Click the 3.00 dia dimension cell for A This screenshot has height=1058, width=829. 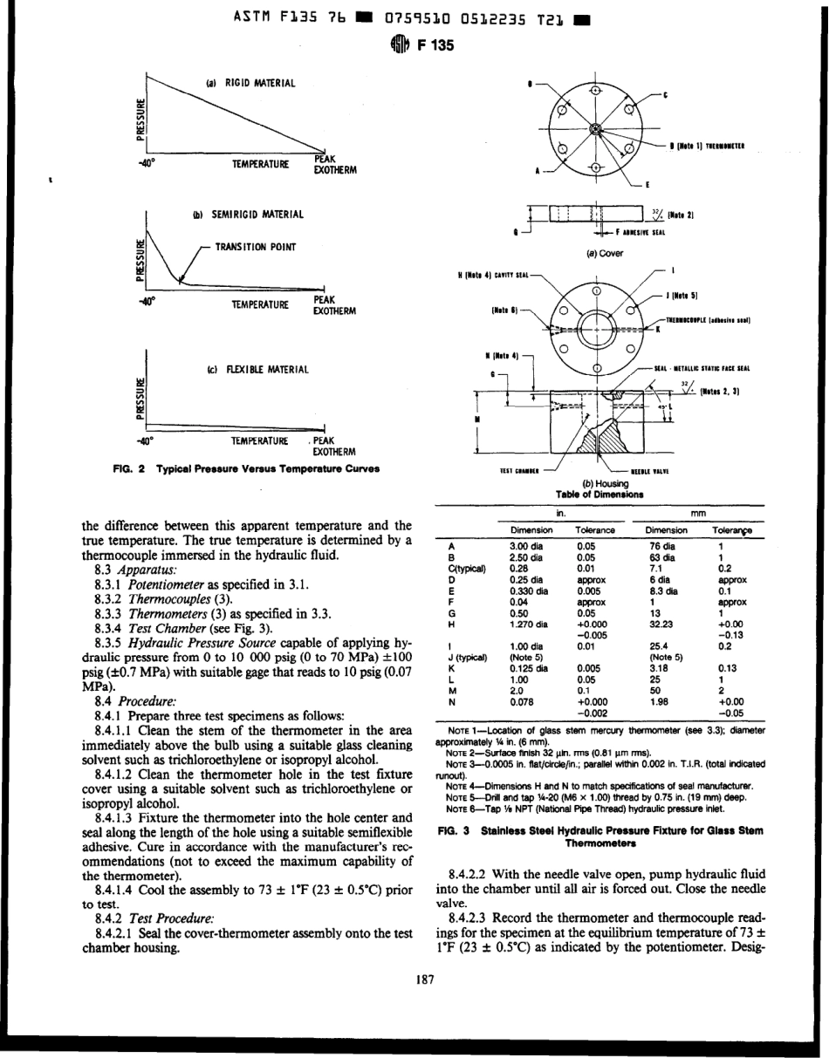click(531, 546)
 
